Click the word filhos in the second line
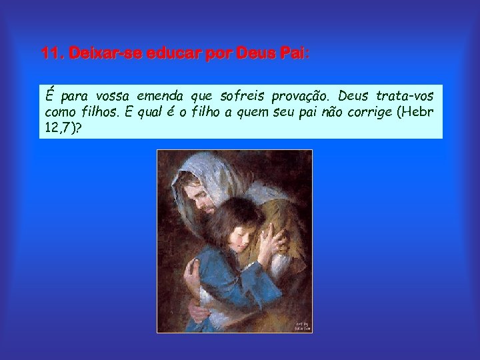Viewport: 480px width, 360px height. click(x=99, y=112)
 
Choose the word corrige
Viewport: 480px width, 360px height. click(x=366, y=112)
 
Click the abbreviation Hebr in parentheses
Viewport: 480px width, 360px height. click(x=417, y=112)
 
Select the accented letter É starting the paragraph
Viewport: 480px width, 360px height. click(x=49, y=96)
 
